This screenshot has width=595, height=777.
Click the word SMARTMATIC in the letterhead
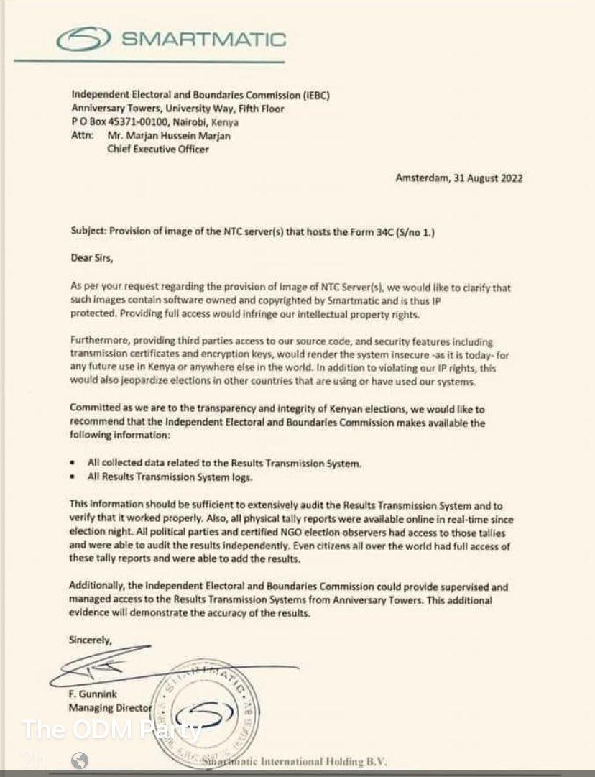click(x=203, y=40)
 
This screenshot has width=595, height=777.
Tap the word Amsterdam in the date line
click(x=420, y=178)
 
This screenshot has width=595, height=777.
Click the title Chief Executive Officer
click(x=158, y=149)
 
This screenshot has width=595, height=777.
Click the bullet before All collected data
click(x=74, y=464)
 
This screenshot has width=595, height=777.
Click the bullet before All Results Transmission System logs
click(x=74, y=477)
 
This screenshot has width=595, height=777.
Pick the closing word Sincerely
click(x=91, y=639)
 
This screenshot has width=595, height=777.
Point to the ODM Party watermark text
click(x=111, y=730)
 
